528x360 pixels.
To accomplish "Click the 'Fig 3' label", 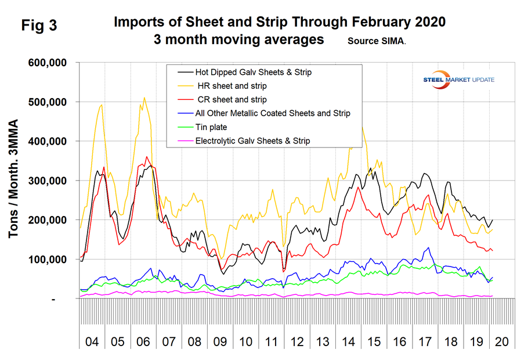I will [x=39, y=25].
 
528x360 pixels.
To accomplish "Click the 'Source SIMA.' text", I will [x=377, y=41].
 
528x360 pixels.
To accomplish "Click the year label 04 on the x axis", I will [x=92, y=341].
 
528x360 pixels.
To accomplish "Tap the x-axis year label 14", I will [x=348, y=341].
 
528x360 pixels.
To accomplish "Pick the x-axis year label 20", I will [x=502, y=341].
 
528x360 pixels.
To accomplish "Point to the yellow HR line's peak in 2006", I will [x=144, y=98].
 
